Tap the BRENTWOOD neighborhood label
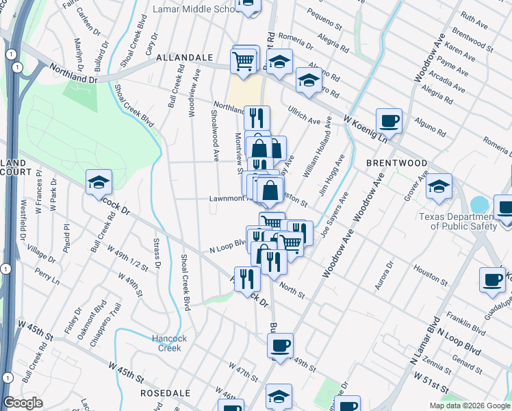click(x=396, y=163)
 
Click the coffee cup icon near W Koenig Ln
click(x=389, y=121)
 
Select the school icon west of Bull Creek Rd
click(x=99, y=182)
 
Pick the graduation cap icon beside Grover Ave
click(x=439, y=186)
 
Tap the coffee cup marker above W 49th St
click(x=279, y=345)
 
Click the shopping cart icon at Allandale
click(x=244, y=61)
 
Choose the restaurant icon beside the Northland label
click(x=256, y=116)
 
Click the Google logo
click(x=23, y=403)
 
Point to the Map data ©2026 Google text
click(x=470, y=406)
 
